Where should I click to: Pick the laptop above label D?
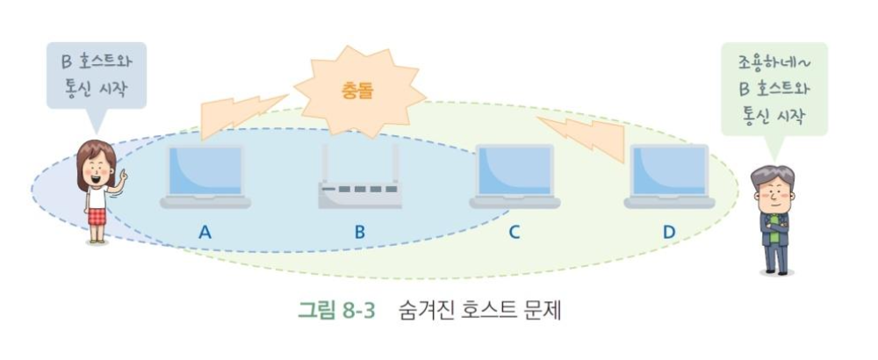[x=669, y=175]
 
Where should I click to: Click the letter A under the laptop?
[x=205, y=233]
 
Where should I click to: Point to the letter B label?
[x=359, y=233]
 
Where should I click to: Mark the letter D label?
[x=669, y=233]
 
